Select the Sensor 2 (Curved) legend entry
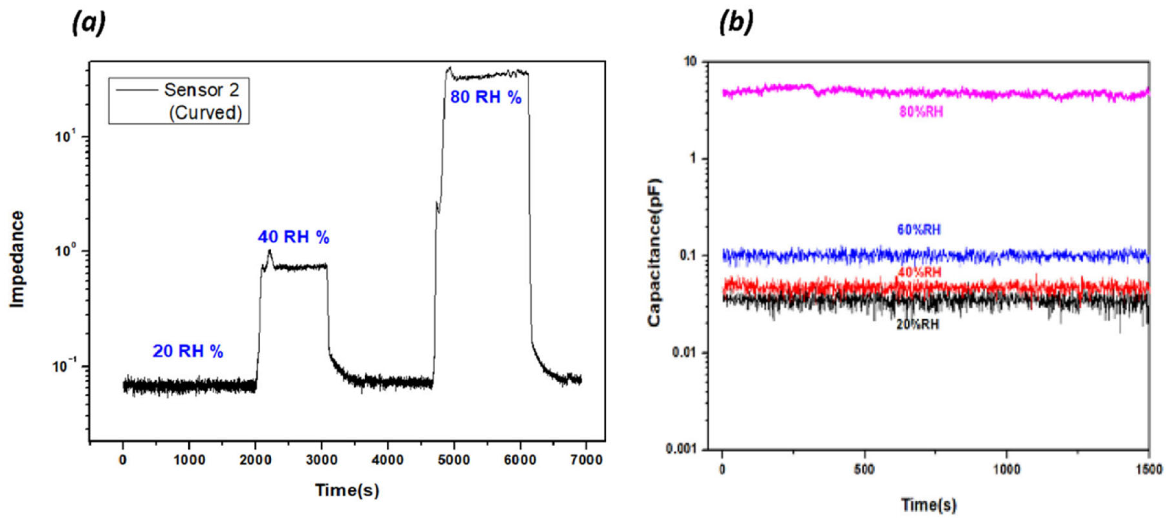(179, 101)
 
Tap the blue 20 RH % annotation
(188, 351)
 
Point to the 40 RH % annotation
(294, 237)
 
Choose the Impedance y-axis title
(17, 259)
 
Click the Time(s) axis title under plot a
(347, 490)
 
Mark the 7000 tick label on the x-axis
(586, 460)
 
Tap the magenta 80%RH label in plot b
(921, 111)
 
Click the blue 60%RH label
(919, 230)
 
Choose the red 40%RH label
(919, 272)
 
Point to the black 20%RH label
(917, 325)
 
